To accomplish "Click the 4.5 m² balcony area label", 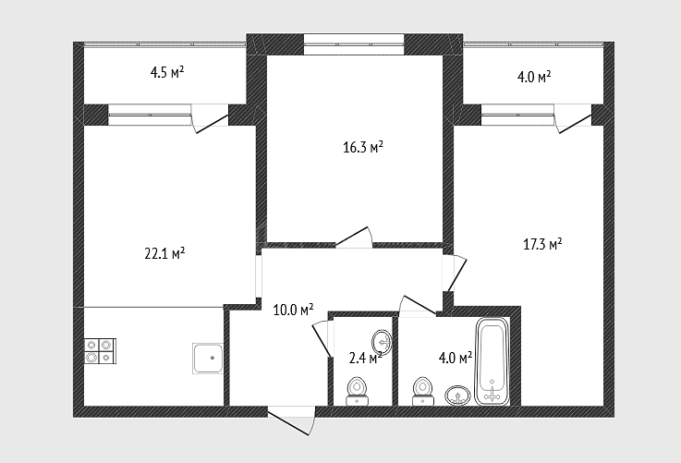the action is (x=167, y=72).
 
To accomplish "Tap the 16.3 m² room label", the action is (x=363, y=147).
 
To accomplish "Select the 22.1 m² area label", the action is (x=164, y=253).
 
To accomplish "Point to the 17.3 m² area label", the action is (x=542, y=244).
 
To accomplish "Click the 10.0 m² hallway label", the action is (x=293, y=310).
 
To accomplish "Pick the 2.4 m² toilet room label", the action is (x=365, y=358).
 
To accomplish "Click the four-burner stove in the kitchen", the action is (x=101, y=351).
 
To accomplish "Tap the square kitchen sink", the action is (x=208, y=359).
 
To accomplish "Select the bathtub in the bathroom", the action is (x=493, y=361).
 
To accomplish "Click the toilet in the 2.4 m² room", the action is (x=358, y=392).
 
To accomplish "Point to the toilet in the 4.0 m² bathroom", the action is (x=422, y=391).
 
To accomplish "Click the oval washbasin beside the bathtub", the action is (x=457, y=396).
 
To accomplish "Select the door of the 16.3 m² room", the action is (x=354, y=238).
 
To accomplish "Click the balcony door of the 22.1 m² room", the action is (x=210, y=118).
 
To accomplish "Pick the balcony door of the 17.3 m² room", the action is (x=574, y=118).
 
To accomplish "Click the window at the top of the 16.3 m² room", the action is (x=354, y=44).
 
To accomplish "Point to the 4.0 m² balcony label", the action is (x=534, y=78).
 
